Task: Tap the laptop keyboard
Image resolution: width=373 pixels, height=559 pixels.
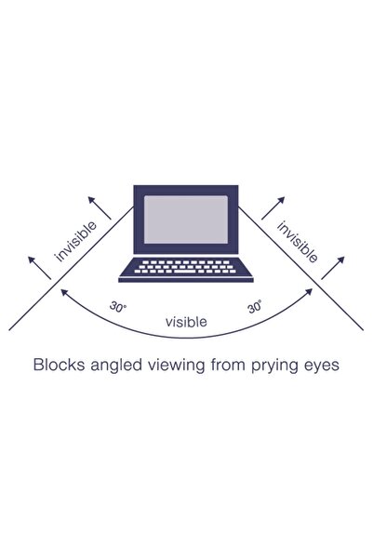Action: [187, 270]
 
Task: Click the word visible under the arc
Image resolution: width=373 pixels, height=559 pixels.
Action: [187, 322]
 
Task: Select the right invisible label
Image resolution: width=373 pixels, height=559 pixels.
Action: [297, 240]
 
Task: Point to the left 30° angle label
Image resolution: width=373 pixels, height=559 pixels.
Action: [117, 305]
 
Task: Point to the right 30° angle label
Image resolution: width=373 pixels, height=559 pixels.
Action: [255, 306]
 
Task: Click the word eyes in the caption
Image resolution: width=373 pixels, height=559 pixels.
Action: [322, 366]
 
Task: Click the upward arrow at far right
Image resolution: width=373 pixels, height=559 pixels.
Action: [337, 267]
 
